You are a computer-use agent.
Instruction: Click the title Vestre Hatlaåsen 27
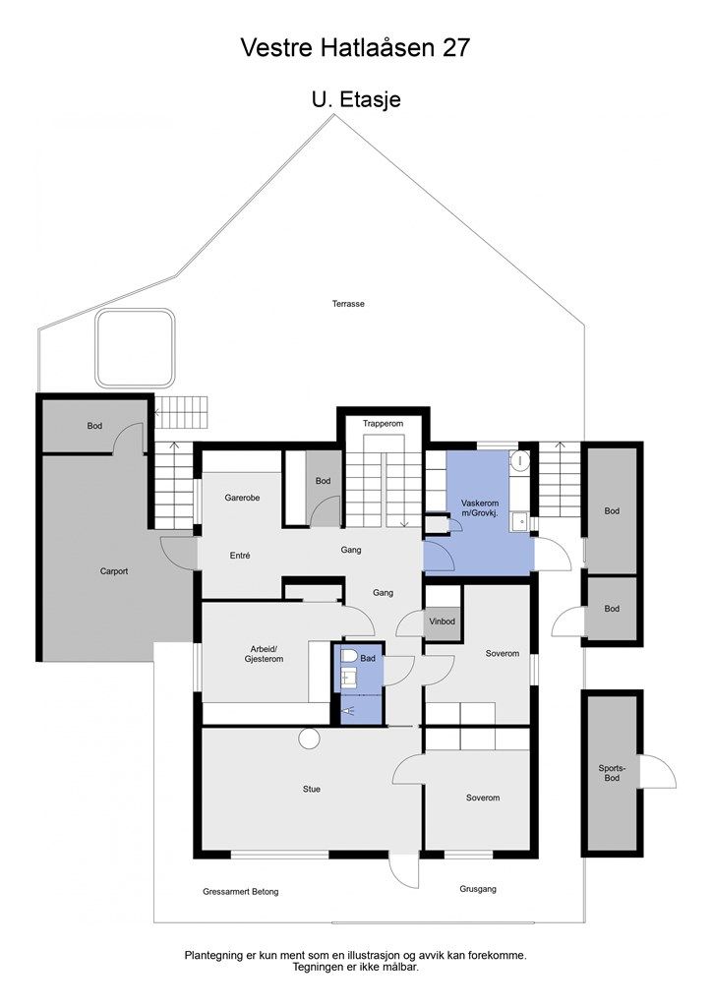pos(355,47)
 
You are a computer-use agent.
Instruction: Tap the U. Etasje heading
pos(355,99)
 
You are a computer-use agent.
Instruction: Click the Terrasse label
pos(348,304)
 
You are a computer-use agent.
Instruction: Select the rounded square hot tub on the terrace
pos(137,349)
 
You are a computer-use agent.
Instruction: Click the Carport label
pos(114,570)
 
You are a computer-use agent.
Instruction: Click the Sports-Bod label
pos(612,771)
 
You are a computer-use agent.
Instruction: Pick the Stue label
pos(312,789)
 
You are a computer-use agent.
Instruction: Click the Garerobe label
pos(242,498)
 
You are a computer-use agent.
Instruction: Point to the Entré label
pos(239,555)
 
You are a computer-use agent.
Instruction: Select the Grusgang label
pos(478,889)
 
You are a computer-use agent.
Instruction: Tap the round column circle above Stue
pos(311,738)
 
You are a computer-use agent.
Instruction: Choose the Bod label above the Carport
pos(94,426)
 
